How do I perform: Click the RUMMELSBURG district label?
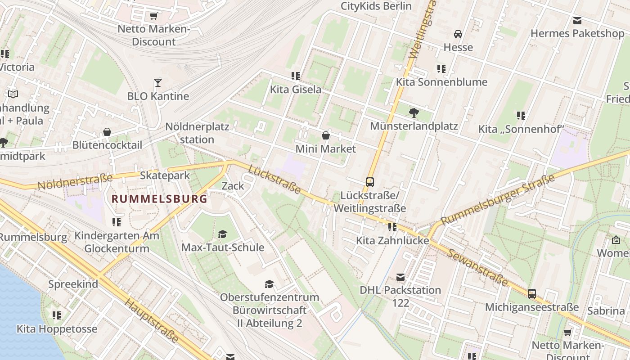tap(159, 198)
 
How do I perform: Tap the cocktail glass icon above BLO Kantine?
tap(158, 83)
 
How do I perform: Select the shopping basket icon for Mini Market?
tap(326, 135)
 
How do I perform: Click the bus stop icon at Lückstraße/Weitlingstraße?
tap(370, 182)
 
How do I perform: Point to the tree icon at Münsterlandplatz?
tap(414, 113)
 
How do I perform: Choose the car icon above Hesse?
tap(458, 34)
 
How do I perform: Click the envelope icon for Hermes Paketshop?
tap(577, 20)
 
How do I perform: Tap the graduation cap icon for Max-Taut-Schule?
tap(222, 234)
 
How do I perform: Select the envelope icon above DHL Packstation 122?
tap(400, 277)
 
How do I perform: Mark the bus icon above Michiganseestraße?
tap(532, 294)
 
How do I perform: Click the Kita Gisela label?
tap(296, 89)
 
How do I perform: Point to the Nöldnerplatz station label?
tap(197, 133)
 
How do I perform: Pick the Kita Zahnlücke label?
tap(392, 240)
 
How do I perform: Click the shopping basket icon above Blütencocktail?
tap(107, 132)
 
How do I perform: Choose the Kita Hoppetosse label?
tap(57, 329)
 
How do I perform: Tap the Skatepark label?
tap(165, 175)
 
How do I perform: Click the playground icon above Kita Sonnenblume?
tap(441, 69)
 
